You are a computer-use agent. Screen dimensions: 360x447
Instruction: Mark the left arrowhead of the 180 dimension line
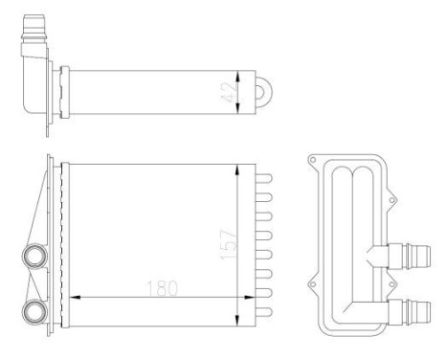(76, 297)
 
